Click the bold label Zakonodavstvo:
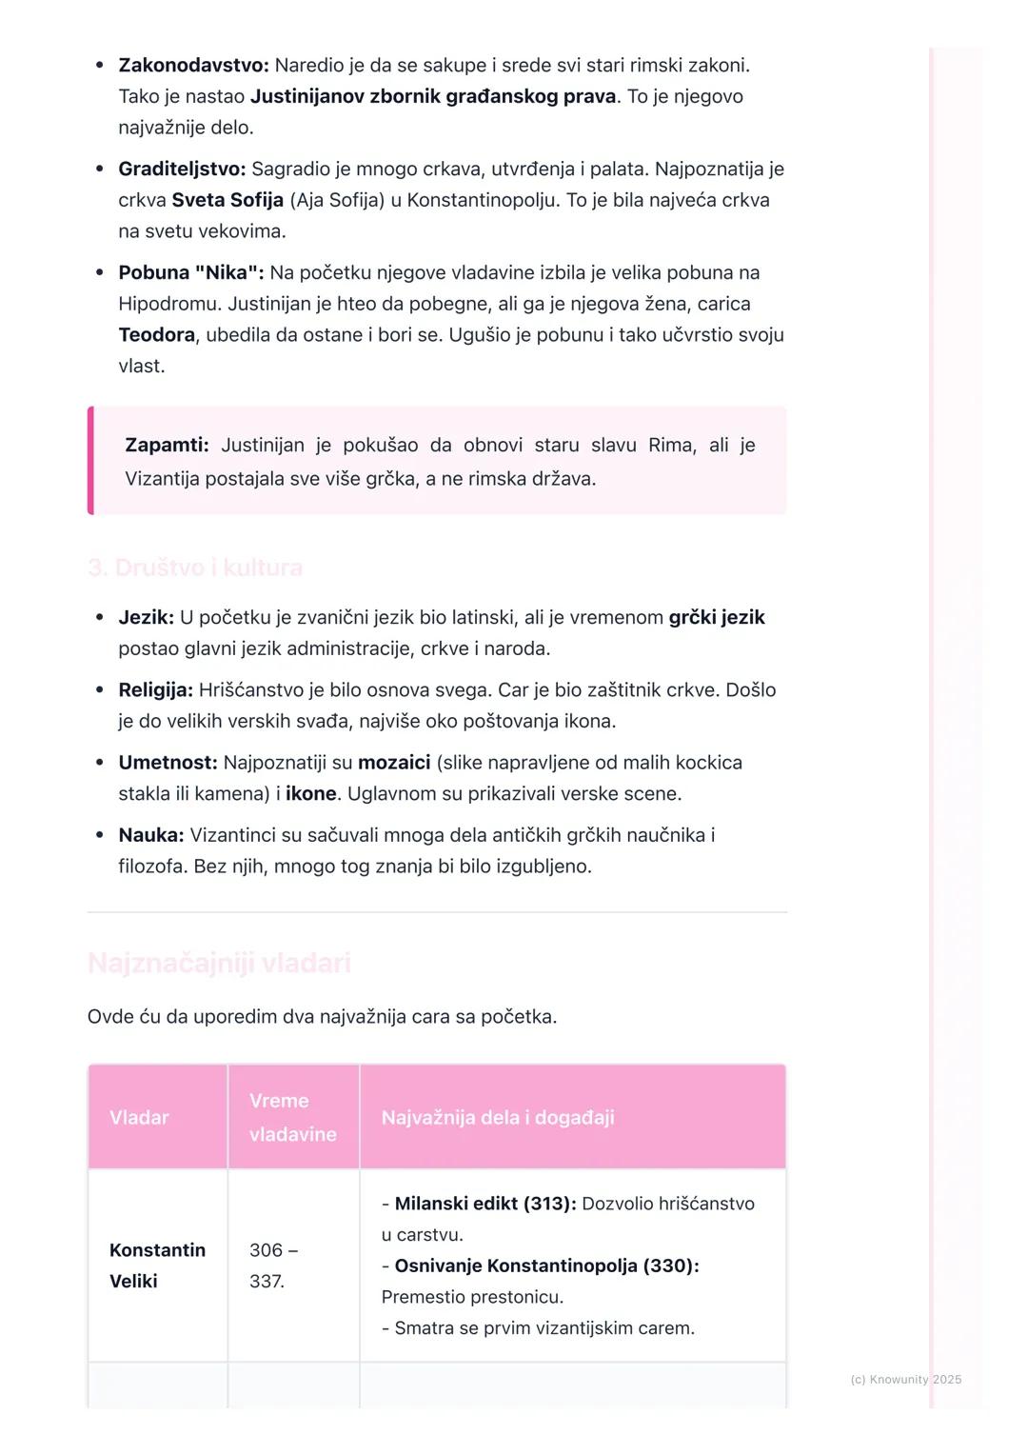pos(193,66)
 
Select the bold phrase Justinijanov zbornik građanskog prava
pos(432,97)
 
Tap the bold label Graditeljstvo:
pos(182,169)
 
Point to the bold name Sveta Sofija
pos(227,201)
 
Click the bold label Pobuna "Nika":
pos(190,273)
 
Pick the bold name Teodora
pos(156,335)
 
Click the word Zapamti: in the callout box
pos(167,446)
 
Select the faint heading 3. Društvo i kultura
pos(195,568)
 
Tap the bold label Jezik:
pos(146,618)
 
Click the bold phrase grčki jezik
pos(716,618)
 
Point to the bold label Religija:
pos(155,690)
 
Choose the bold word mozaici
pos(394,764)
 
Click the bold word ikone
pos(311,794)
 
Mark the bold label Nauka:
pos(150,836)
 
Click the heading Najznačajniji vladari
pos(219,964)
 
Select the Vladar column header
pos(139,1118)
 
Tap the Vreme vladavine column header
pos(292,1118)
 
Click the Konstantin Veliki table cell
pos(157,1266)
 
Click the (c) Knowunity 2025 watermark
pos(905,1380)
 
